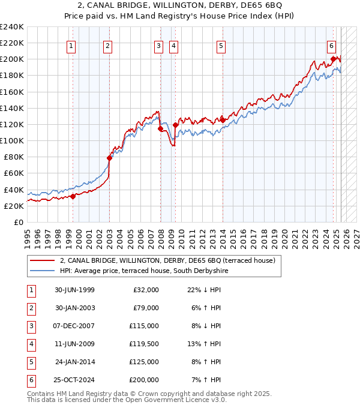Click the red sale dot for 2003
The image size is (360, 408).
[x=110, y=158]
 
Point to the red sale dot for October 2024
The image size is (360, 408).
[x=333, y=59]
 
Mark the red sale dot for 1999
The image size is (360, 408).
[x=73, y=196]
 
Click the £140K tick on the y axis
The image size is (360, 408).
[x=12, y=108]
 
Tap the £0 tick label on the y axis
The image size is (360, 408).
[x=18, y=222]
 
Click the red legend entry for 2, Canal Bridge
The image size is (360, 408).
[x=167, y=260]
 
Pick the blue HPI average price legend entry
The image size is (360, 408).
[x=144, y=271]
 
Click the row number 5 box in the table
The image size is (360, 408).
[x=30, y=362]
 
